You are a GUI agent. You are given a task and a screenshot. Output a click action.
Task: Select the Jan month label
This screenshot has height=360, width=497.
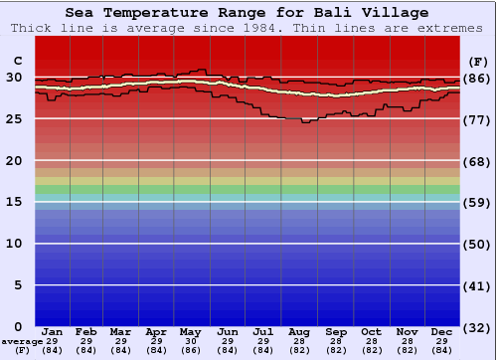[x=53, y=331]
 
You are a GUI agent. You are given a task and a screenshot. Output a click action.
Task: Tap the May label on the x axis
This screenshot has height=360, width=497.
[x=192, y=331]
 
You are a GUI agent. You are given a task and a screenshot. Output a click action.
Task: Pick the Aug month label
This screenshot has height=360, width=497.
[x=299, y=331]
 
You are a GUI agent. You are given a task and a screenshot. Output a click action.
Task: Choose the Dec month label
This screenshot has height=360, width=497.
[x=442, y=331]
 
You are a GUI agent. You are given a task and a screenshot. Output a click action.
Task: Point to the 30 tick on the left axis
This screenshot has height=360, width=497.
[x=15, y=78]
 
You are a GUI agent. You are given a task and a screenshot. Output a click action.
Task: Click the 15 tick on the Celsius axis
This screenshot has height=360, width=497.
[x=15, y=202]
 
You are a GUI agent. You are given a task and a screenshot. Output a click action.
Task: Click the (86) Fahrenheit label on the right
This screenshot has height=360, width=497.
[x=478, y=78]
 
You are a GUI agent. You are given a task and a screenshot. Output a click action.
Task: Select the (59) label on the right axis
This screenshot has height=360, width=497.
[x=478, y=202]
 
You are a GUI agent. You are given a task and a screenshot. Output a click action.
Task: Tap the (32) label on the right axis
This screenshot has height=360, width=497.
[x=478, y=327]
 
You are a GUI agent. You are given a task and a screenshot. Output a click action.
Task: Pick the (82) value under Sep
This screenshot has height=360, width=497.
[x=336, y=350]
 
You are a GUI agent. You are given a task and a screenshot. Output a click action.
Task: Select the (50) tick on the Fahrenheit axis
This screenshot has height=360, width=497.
[x=478, y=244]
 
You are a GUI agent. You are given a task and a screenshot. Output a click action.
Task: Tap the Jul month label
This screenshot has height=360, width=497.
[x=263, y=331]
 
